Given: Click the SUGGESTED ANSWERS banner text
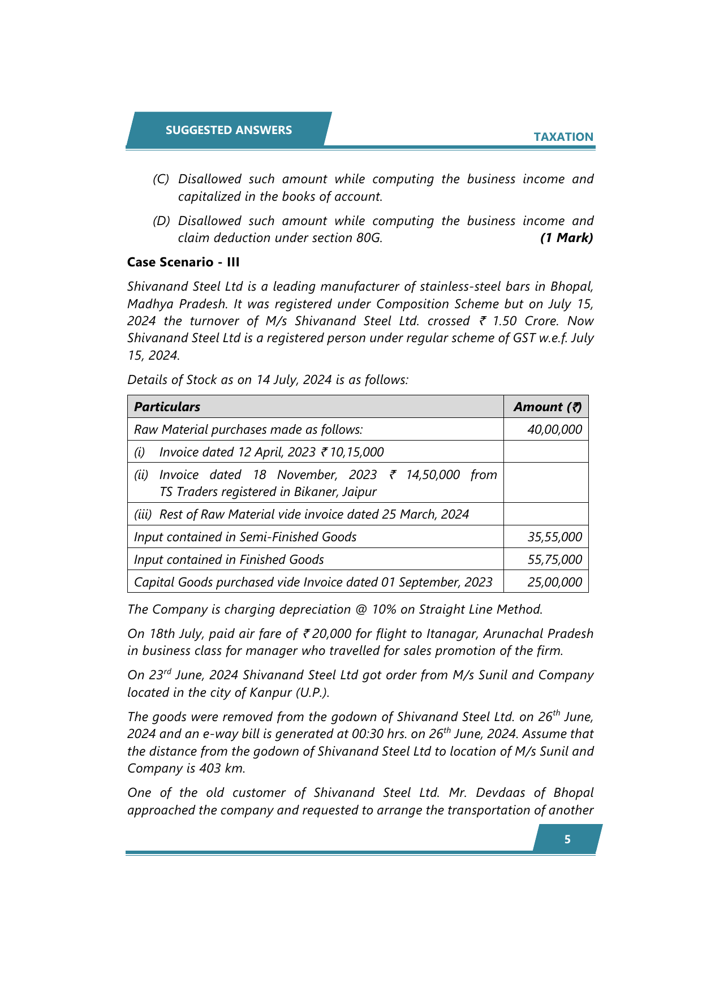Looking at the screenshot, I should [229, 130].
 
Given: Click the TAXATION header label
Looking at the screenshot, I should [563, 137].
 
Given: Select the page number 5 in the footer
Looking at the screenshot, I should [567, 839].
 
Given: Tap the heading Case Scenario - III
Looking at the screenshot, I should [183, 262].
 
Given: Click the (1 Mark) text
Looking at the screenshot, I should [566, 238].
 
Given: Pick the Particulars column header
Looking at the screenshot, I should [167, 407].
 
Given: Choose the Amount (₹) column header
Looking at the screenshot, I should [547, 407].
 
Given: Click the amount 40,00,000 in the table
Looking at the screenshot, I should [554, 429].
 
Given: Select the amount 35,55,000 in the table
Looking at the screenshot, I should [554, 537].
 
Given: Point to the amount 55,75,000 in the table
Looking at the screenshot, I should [554, 559].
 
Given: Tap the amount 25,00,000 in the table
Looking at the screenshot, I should [554, 582].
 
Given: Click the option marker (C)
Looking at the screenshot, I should [161, 179].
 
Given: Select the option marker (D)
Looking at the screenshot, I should [161, 221].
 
